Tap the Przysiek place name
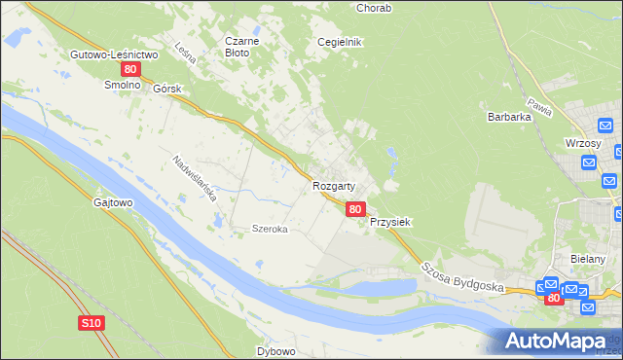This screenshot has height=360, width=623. pyautogui.click(x=390, y=222)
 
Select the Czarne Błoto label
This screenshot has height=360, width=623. pyautogui.click(x=240, y=47)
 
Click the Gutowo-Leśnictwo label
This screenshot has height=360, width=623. pyautogui.click(x=114, y=54)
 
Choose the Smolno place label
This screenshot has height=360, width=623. pyautogui.click(x=124, y=86)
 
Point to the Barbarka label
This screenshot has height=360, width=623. pyautogui.click(x=508, y=117)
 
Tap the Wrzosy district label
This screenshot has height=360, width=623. pyautogui.click(x=582, y=142)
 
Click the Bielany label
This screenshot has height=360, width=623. pyautogui.click(x=588, y=259)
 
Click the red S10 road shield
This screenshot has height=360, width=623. pyautogui.click(x=91, y=322)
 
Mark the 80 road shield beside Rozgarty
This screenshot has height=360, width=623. pyautogui.click(x=355, y=208)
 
